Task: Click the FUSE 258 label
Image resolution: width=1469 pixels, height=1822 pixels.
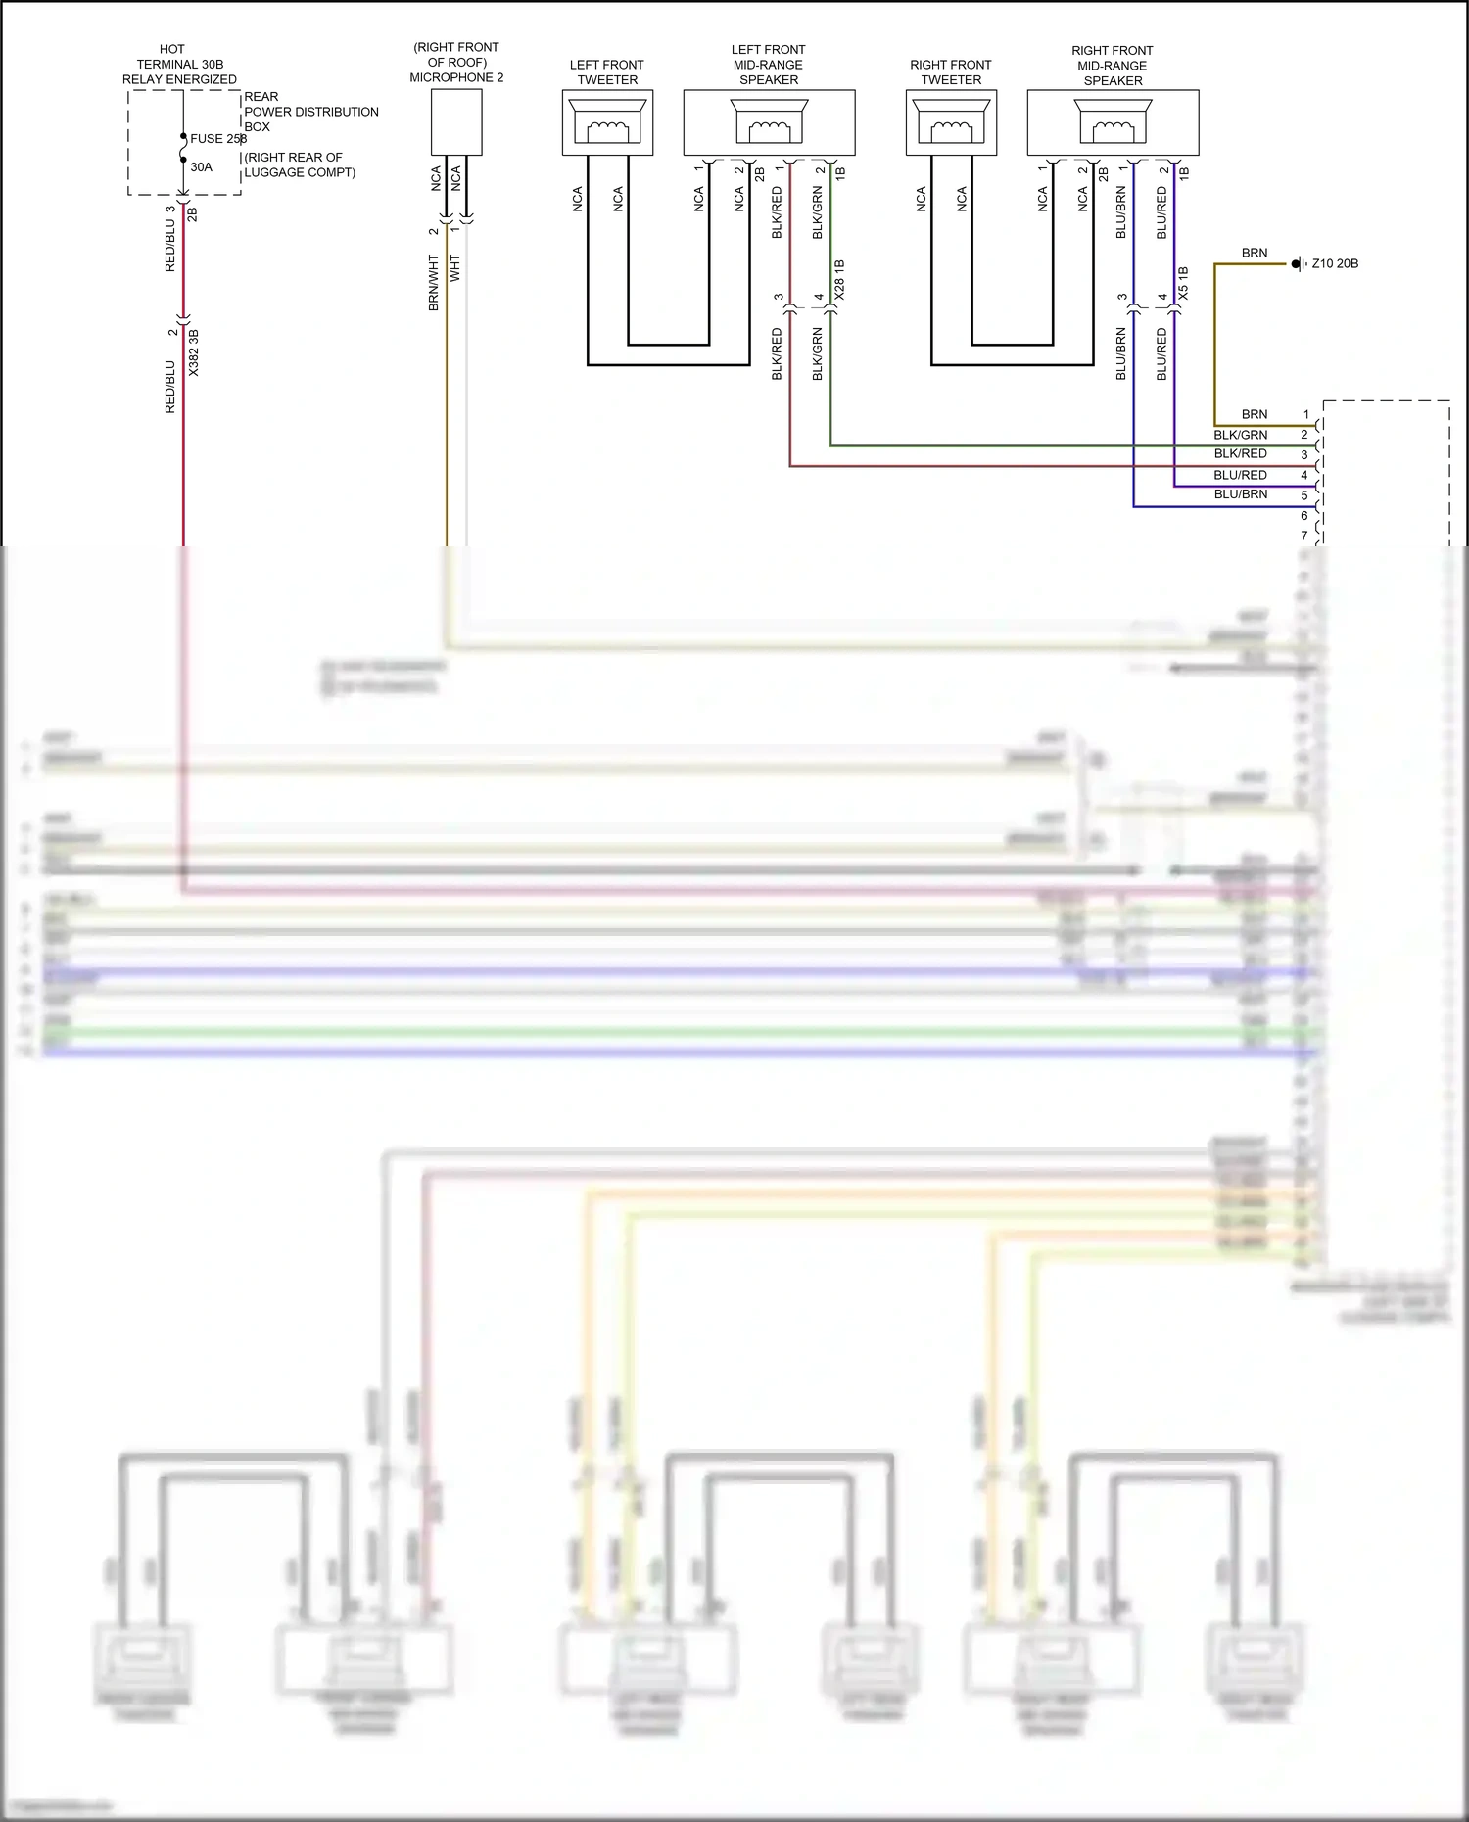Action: tap(217, 139)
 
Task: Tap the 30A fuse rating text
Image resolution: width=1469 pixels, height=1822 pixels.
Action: tap(201, 167)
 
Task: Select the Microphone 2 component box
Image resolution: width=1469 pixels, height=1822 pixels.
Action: tap(456, 122)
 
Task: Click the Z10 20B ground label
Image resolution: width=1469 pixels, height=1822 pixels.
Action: tap(1334, 264)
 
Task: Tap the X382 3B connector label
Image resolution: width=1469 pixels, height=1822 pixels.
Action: tap(193, 353)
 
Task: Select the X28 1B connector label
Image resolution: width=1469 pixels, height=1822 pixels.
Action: tap(839, 280)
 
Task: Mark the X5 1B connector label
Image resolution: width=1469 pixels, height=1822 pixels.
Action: tap(1183, 283)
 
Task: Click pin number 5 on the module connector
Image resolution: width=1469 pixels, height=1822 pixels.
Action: tap(1304, 496)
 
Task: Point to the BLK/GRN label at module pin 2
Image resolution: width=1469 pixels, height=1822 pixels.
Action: tap(1240, 435)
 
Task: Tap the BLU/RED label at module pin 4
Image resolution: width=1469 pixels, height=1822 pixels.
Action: tap(1240, 475)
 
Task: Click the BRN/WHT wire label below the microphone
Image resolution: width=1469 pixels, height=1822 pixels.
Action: tap(434, 283)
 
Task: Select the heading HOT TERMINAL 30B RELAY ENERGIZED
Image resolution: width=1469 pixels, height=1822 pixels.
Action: tap(179, 64)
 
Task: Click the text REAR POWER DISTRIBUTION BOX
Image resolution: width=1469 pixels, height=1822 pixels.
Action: tap(310, 112)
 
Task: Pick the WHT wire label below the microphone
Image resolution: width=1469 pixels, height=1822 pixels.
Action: tap(455, 269)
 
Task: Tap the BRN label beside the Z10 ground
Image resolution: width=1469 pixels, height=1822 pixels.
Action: tap(1254, 253)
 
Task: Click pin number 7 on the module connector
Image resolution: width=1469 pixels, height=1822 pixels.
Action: tap(1304, 537)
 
